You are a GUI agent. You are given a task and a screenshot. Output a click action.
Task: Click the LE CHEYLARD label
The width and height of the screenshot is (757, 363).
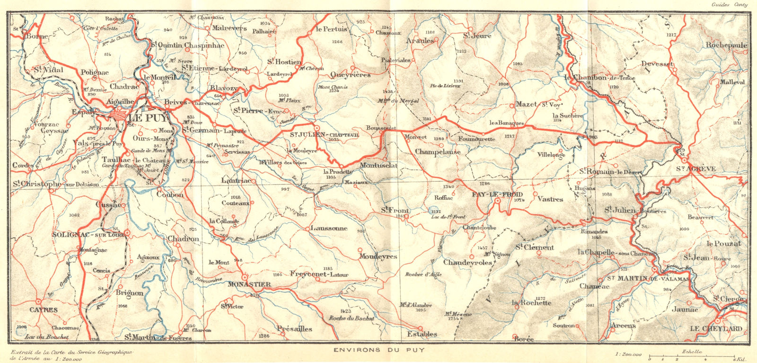pos(715,328)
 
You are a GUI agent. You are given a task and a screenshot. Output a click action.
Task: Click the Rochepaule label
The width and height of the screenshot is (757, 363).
pos(726,45)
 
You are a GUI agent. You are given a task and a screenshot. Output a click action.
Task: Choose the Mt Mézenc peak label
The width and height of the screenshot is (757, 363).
pos(458,314)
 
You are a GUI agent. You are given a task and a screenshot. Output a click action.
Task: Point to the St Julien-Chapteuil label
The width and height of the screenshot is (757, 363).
pos(321,134)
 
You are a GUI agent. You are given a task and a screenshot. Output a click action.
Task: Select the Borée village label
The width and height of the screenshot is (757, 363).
pos(522,339)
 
